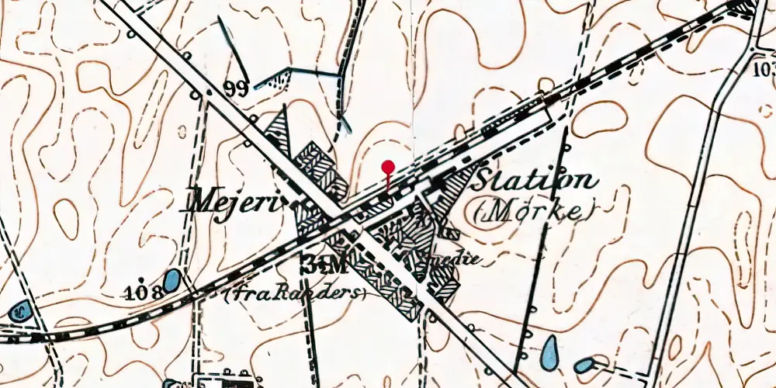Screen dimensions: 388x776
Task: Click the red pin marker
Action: point(388,166)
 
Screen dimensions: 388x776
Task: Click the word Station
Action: point(535,181)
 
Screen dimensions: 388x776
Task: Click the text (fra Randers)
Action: point(294,293)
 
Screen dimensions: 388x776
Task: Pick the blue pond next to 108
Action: point(172,280)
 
